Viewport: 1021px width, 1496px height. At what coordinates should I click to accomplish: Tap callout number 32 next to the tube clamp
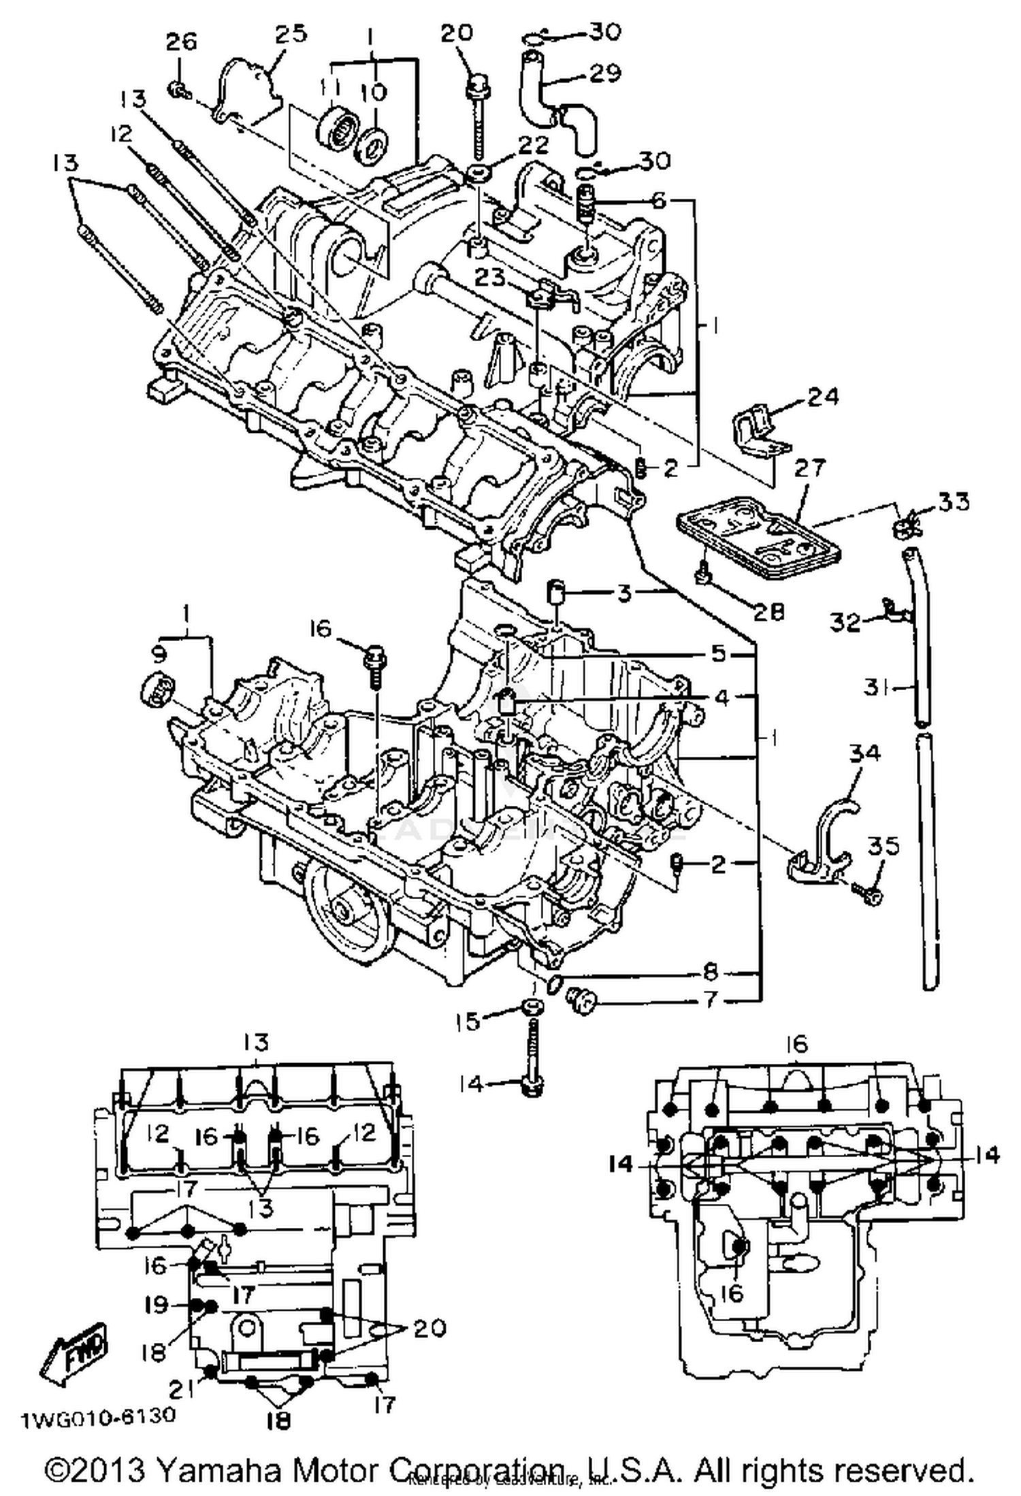(x=845, y=621)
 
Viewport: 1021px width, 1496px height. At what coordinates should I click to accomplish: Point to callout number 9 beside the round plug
(x=158, y=655)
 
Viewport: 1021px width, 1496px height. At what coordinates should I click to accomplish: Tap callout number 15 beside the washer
(x=468, y=1020)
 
